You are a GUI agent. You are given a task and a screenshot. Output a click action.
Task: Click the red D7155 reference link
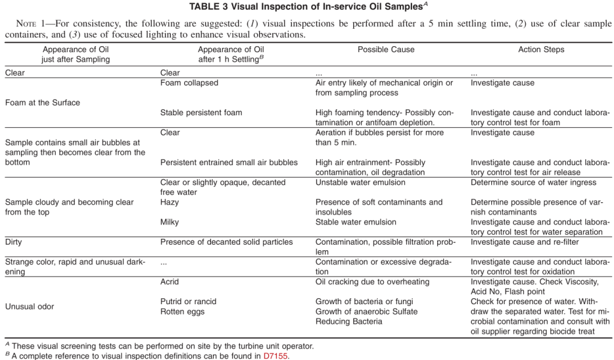pos(276,355)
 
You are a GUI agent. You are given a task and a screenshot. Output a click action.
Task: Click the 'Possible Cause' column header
pos(386,50)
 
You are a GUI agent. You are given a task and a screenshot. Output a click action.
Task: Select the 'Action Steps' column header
pos(541,50)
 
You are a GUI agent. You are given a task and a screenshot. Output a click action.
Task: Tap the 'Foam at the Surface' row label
pos(43,103)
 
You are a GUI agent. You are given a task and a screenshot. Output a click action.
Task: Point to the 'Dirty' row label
pos(15,242)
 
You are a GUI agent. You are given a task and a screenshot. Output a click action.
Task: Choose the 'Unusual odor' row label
pos(29,307)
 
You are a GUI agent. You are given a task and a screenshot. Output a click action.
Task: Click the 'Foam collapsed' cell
pos(189,83)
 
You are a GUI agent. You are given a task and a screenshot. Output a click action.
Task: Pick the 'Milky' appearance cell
pos(170,222)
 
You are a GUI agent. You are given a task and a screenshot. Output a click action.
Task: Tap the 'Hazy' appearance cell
pos(170,202)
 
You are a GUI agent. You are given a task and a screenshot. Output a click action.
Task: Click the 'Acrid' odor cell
pos(170,281)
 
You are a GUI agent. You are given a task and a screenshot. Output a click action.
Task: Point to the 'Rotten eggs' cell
pos(182,311)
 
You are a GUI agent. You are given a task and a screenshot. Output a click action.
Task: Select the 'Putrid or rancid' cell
pos(188,301)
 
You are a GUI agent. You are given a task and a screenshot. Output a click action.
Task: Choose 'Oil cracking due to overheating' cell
pos(372,281)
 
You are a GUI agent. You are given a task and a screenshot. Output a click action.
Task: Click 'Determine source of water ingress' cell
pos(534,182)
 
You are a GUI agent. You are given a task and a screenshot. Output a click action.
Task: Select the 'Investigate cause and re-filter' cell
pos(526,242)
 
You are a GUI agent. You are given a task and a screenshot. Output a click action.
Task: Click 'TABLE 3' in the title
pos(209,7)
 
